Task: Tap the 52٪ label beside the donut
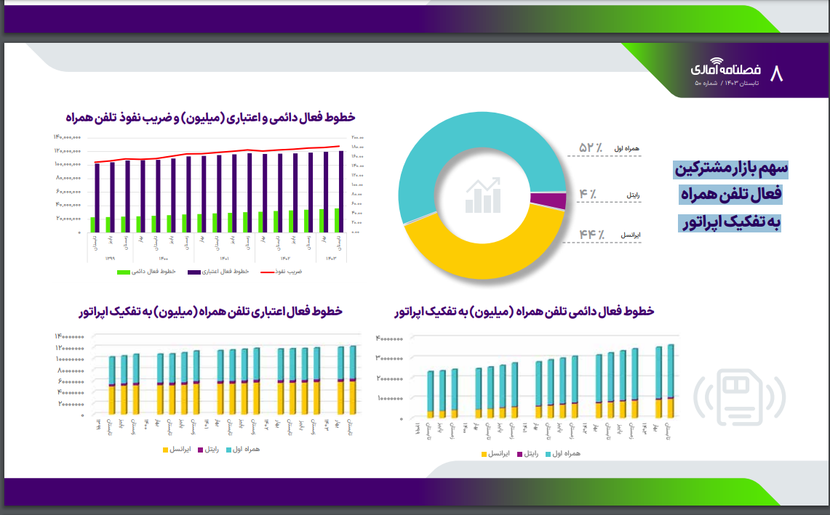[x=591, y=148]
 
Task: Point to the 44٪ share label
[x=592, y=235]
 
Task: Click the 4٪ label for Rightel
[x=588, y=194]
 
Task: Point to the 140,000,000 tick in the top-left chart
[x=66, y=137]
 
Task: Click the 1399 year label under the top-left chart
[x=110, y=259]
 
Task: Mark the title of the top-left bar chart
[x=210, y=118]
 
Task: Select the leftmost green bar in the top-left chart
[x=93, y=224]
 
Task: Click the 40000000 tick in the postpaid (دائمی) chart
[x=390, y=338]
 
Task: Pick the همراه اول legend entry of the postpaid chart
[x=563, y=454]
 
